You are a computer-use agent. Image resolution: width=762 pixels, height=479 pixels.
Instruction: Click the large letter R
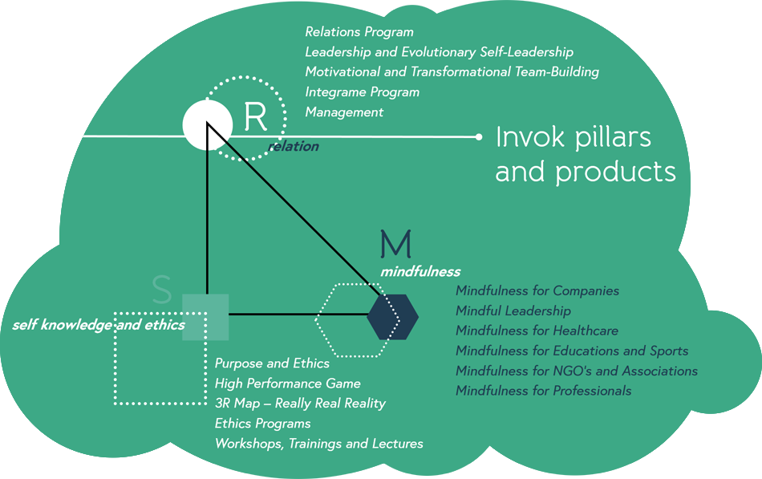click(x=255, y=118)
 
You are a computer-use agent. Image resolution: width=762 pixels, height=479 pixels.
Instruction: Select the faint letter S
click(x=162, y=291)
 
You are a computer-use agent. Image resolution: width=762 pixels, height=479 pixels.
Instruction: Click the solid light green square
click(x=205, y=317)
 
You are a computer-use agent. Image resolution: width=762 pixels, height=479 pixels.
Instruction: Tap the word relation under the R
click(x=293, y=146)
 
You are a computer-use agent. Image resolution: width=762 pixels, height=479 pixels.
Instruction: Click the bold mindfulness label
click(x=420, y=271)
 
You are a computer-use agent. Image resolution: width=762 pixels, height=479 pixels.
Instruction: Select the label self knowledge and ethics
click(x=99, y=325)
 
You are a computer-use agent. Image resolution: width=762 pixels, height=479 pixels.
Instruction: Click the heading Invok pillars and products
click(x=585, y=154)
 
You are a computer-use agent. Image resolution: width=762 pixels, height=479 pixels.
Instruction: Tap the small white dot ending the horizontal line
click(x=479, y=137)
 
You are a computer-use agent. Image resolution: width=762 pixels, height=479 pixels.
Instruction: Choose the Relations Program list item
click(x=359, y=32)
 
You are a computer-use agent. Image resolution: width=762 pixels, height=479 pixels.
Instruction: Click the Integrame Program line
click(x=362, y=92)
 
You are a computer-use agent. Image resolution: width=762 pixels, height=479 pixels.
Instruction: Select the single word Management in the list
click(x=344, y=112)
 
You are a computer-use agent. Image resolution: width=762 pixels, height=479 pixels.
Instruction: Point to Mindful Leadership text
click(x=513, y=311)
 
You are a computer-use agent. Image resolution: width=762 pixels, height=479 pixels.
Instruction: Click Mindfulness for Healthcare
click(x=537, y=331)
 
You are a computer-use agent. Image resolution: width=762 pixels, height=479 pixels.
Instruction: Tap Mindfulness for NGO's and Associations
click(x=576, y=371)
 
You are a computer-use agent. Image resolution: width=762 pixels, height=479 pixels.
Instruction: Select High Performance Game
click(x=287, y=384)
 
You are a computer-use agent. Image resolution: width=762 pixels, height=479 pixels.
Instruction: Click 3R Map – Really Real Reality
click(x=300, y=404)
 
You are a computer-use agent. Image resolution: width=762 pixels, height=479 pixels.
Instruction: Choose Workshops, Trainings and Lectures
click(x=318, y=444)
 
